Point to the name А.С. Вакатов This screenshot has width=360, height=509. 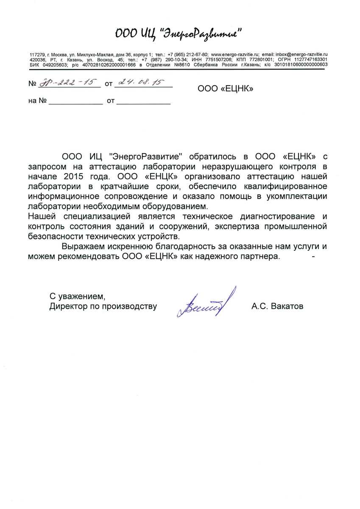pyautogui.click(x=277, y=306)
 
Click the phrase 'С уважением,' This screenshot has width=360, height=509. pyautogui.click(x=77, y=296)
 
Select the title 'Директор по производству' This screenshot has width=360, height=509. pyautogui.click(x=103, y=306)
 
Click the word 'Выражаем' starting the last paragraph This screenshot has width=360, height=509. pyautogui.click(x=82, y=246)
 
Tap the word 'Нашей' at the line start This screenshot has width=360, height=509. pyautogui.click(x=39, y=217)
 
